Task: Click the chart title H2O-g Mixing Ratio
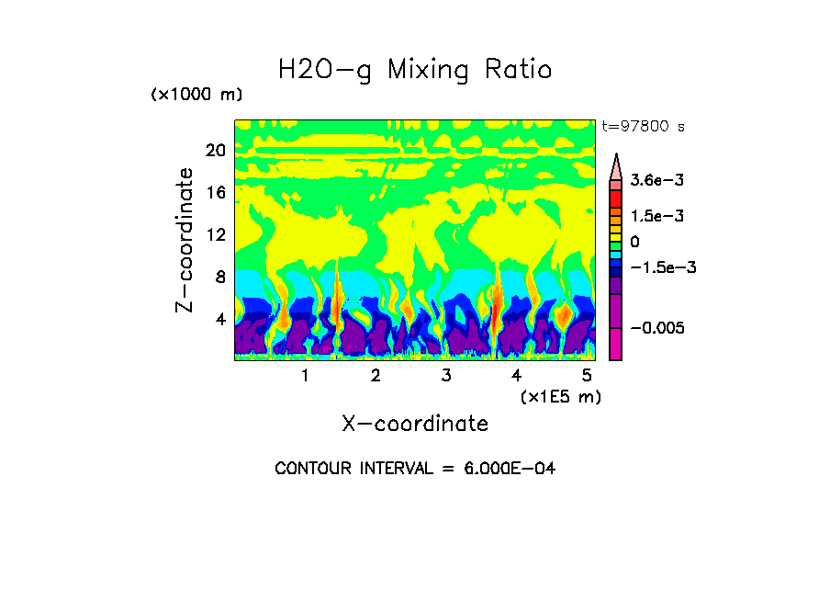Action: click(x=415, y=70)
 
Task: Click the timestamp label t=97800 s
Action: click(x=643, y=126)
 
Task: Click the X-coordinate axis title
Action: click(x=415, y=424)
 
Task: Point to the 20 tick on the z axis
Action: click(x=215, y=151)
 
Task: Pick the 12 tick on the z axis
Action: click(x=215, y=235)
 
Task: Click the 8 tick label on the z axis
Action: click(x=219, y=278)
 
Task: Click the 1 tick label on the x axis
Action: click(x=305, y=375)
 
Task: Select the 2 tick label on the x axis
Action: click(x=376, y=375)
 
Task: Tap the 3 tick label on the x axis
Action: click(x=445, y=375)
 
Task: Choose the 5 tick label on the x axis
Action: click(x=586, y=375)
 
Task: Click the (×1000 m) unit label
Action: click(x=196, y=95)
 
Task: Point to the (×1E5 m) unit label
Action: click(x=560, y=396)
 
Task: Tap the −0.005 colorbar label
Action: click(x=657, y=328)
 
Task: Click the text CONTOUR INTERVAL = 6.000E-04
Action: click(x=415, y=469)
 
